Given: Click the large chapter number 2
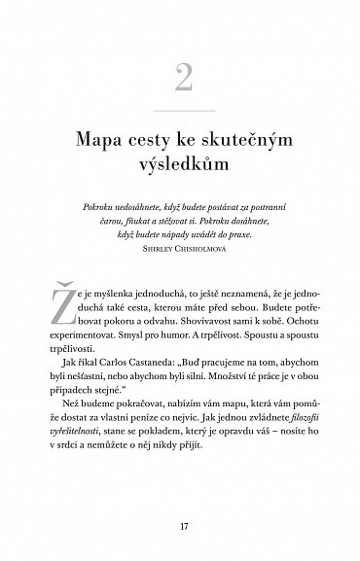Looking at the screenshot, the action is click(180, 78).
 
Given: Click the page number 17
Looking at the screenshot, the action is click(180, 527).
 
